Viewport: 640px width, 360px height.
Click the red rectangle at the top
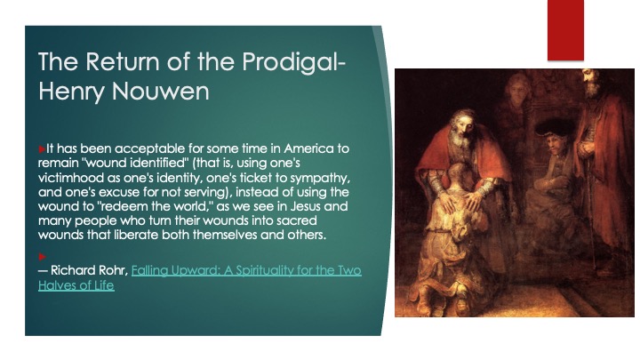(x=565, y=30)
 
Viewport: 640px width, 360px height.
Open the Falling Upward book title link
(x=246, y=270)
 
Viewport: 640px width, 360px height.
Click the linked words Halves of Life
(x=76, y=285)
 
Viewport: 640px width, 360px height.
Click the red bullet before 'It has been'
(x=42, y=149)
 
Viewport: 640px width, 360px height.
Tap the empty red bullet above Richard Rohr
(x=42, y=257)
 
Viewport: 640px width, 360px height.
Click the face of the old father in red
(x=461, y=126)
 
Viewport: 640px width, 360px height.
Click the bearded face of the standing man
(x=591, y=84)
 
